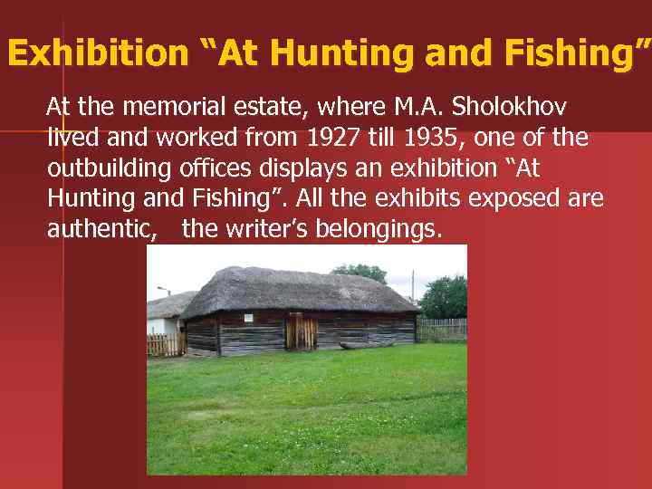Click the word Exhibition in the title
(x=95, y=54)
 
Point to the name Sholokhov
(x=515, y=108)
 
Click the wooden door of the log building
(x=301, y=331)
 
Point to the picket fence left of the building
(x=165, y=343)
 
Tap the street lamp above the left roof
(x=163, y=292)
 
